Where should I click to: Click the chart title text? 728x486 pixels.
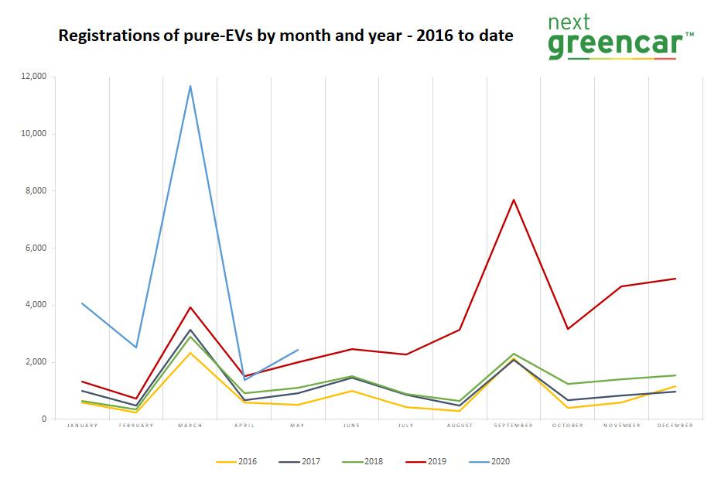click(285, 36)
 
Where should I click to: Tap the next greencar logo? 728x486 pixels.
click(620, 36)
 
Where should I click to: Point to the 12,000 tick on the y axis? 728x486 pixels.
click(33, 77)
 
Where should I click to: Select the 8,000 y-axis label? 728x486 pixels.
click(36, 191)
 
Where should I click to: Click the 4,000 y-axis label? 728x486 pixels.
click(36, 305)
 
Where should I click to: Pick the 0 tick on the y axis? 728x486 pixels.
click(43, 419)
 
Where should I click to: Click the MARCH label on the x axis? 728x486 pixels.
click(190, 426)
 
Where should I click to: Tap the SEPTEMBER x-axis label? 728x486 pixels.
click(514, 426)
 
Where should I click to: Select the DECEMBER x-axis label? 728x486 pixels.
click(675, 426)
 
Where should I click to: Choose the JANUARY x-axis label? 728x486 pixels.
click(82, 426)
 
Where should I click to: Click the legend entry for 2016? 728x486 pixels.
click(237, 462)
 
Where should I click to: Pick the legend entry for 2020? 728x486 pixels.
click(490, 462)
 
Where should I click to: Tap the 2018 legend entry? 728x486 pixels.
click(363, 462)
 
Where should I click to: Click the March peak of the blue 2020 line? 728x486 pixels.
click(190, 86)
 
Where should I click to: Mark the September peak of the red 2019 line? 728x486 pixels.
click(514, 200)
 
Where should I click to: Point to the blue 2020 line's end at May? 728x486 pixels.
click(298, 350)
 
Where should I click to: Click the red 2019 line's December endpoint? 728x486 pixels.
click(675, 279)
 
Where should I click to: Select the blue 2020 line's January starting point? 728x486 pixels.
click(82, 303)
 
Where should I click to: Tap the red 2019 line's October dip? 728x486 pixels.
click(568, 329)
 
